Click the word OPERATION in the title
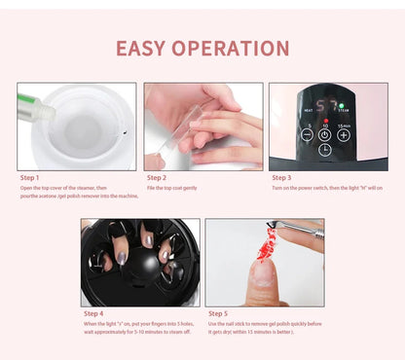(x=233, y=48)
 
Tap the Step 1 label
(x=31, y=178)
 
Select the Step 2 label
(x=157, y=178)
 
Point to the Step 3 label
(x=281, y=178)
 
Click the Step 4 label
(x=93, y=313)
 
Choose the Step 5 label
(x=219, y=313)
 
